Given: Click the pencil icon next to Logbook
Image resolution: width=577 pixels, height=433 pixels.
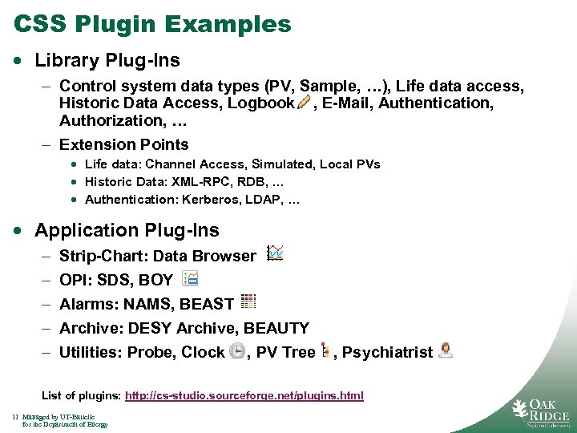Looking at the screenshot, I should pos(304,102).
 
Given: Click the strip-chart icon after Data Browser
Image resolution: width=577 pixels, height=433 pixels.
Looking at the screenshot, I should pos(275,253).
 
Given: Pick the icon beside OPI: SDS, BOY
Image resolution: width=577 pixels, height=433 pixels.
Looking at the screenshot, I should pos(190,278).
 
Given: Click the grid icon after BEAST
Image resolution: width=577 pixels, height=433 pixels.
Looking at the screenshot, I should pos(248,301).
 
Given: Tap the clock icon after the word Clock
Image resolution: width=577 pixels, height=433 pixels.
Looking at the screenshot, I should pos(236,351).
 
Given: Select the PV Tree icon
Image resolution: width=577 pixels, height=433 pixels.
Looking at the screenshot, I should pos(325,350).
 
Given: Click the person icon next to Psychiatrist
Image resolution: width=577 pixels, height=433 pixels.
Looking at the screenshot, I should pos(446,350).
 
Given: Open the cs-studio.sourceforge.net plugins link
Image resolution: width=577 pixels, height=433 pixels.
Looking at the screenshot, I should pos(244,395).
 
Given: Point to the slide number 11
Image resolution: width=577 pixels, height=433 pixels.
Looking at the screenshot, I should pos(15,417).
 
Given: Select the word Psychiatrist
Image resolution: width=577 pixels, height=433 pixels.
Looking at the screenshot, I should pos(387,352).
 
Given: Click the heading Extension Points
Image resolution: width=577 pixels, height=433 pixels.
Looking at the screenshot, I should pos(124,144).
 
